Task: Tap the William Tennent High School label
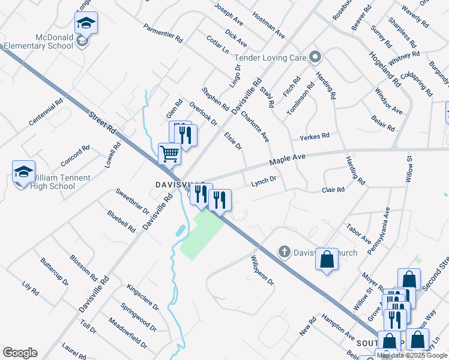pyautogui.click(x=53, y=182)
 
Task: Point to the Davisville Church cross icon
pyautogui.click(x=286, y=252)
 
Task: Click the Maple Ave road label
pyautogui.click(x=288, y=160)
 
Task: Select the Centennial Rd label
pyautogui.click(x=46, y=112)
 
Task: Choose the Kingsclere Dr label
pyautogui.click(x=142, y=297)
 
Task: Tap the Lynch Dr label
pyautogui.click(x=263, y=180)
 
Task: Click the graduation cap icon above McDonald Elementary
pyautogui.click(x=86, y=23)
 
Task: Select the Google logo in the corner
pyautogui.click(x=20, y=353)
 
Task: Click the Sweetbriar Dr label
pyautogui.click(x=132, y=201)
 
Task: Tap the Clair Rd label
pyautogui.click(x=333, y=190)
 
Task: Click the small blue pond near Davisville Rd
pyautogui.click(x=180, y=230)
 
